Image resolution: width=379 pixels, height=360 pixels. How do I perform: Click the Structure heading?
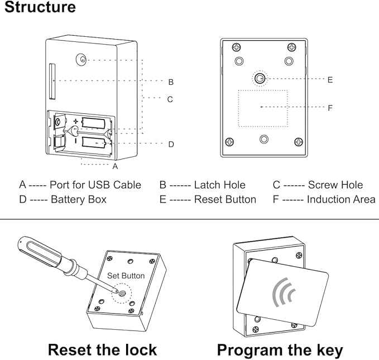point(40,8)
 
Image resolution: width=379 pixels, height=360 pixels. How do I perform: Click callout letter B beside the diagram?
point(171,82)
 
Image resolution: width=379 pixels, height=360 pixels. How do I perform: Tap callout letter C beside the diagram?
point(170,99)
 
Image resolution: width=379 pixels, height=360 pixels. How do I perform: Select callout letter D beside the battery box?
point(171,144)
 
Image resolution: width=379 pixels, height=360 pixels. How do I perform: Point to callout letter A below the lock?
point(115,166)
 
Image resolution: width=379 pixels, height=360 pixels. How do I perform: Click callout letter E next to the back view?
point(330,80)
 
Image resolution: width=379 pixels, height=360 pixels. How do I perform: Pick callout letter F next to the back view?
point(330,108)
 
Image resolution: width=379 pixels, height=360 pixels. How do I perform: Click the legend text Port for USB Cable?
point(95,185)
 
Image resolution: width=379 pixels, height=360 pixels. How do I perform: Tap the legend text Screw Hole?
point(335,185)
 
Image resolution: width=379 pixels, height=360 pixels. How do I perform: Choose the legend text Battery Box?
point(78,199)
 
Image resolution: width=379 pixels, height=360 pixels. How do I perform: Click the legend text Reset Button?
point(225,199)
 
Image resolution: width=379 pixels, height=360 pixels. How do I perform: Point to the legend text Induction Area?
point(341,199)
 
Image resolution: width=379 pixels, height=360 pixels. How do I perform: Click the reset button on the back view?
point(260,79)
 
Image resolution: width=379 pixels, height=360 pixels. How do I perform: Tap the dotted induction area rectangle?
point(263,108)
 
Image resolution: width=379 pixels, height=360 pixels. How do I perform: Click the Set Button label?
point(126,276)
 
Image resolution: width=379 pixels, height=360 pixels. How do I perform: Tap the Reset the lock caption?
point(102,350)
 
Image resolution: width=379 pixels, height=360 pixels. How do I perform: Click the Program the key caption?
point(280,350)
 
